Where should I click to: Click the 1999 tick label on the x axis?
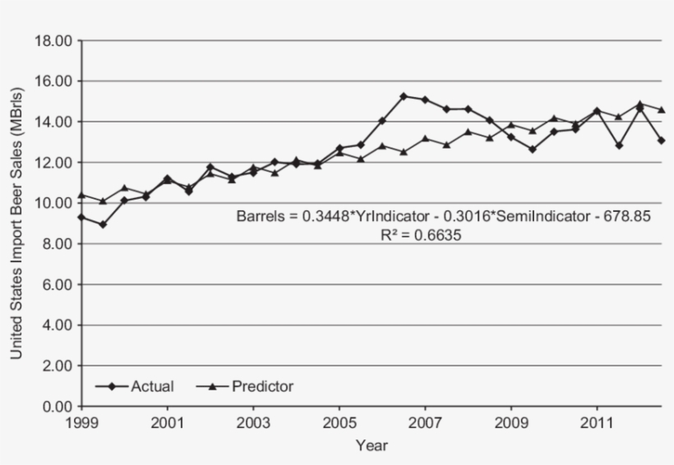click(x=81, y=422)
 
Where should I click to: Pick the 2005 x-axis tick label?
click(x=339, y=422)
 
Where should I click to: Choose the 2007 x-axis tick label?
click(x=425, y=422)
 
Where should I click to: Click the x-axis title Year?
click(x=372, y=446)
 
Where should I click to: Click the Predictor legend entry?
click(x=262, y=385)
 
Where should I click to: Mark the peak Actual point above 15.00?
click(x=404, y=96)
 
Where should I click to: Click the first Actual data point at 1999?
click(x=81, y=217)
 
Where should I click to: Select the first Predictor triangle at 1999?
click(x=81, y=196)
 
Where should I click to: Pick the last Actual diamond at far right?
click(x=662, y=140)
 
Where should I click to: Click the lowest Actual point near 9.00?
click(x=103, y=224)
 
